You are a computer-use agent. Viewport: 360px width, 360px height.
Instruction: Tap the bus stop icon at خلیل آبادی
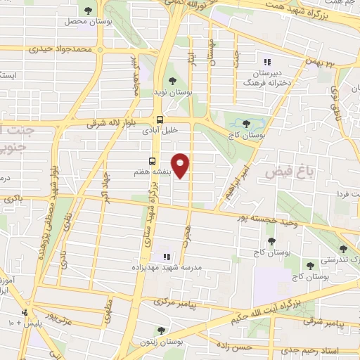click(x=160, y=120)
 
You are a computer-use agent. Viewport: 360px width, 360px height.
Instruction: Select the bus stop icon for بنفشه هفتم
click(x=153, y=160)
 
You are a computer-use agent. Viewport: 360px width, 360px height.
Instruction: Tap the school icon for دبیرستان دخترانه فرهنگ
click(x=266, y=62)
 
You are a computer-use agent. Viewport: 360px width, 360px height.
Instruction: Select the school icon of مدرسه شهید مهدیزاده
click(x=167, y=257)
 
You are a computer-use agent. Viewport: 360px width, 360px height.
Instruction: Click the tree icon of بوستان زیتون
click(x=161, y=330)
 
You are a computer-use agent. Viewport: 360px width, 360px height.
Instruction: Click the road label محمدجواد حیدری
click(x=60, y=50)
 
